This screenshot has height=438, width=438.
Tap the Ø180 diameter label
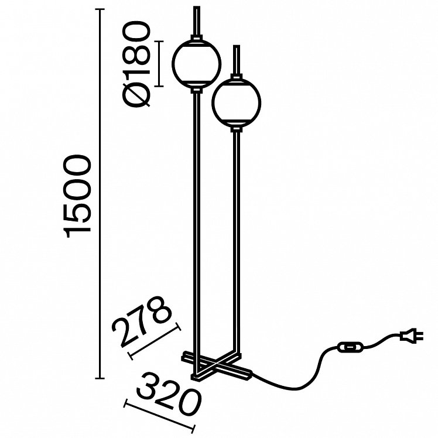136,65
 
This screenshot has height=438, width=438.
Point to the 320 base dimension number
169,395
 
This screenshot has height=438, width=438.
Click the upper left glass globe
196,64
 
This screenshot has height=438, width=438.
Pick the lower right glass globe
237,102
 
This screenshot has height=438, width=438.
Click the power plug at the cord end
411,336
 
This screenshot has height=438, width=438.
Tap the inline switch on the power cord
350,347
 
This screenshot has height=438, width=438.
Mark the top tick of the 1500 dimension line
100,9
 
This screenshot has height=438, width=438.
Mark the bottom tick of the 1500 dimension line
100,378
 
